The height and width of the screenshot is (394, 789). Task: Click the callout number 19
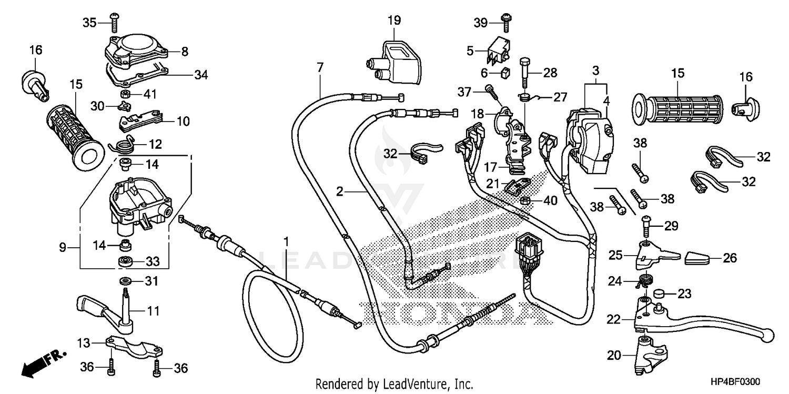[394, 21]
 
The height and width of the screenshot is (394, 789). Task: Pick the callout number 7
[320, 67]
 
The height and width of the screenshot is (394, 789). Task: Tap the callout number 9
[63, 247]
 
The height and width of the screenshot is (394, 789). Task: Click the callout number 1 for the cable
[286, 242]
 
